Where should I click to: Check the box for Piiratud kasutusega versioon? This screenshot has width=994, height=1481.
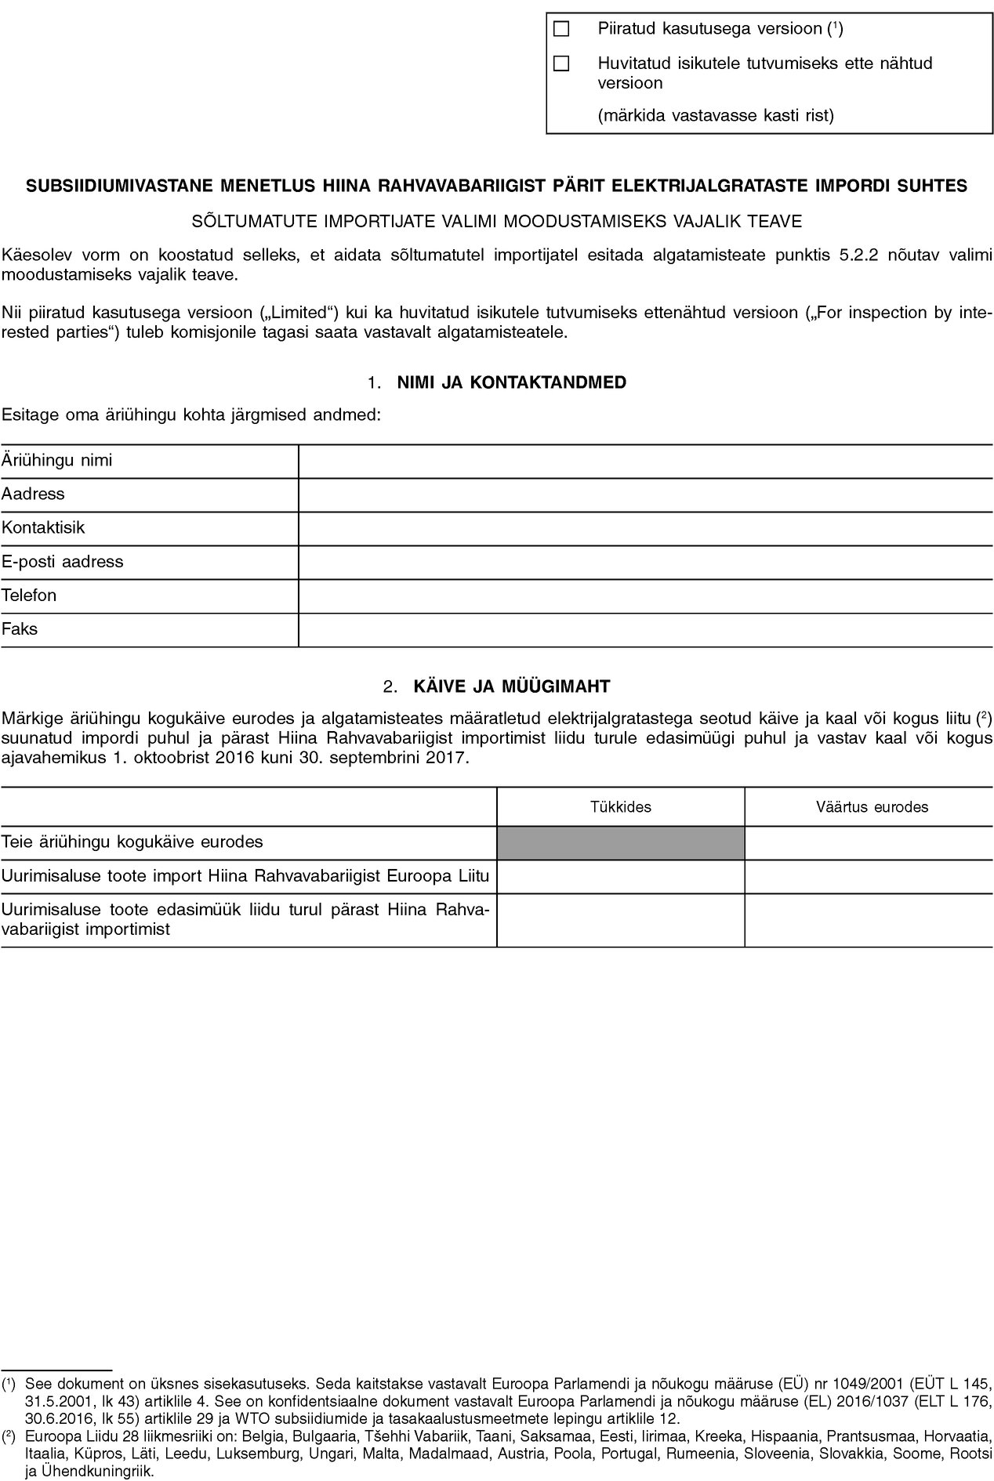tap(560, 30)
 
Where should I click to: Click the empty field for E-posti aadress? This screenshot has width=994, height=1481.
tap(645, 563)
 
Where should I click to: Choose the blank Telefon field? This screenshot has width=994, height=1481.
tap(645, 596)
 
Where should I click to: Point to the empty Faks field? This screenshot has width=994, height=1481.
tap(645, 630)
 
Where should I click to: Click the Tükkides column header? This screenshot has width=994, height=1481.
tap(620, 807)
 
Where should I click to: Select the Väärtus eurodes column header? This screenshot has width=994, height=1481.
tap(871, 807)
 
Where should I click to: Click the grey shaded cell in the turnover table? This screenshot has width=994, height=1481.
tap(620, 842)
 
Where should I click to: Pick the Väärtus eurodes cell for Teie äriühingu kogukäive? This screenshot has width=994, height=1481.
tap(869, 842)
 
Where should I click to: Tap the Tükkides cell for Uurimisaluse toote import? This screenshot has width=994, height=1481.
tap(620, 877)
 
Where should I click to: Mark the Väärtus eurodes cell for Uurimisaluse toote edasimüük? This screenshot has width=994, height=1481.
tap(869, 921)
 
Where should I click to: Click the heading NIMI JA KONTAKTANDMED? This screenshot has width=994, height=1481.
tap(512, 383)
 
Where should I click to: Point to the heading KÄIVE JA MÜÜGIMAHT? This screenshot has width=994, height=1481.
tap(511, 687)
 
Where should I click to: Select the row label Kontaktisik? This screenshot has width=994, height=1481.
tap(43, 528)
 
